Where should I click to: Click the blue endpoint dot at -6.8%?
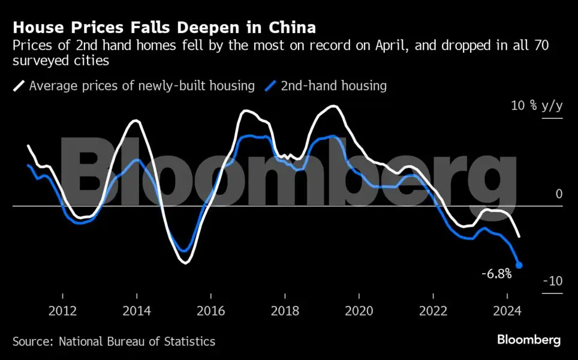[519, 265]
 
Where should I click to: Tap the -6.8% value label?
[496, 274]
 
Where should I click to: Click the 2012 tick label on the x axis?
[62, 311]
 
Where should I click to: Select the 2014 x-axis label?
[137, 311]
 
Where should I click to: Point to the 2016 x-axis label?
[210, 311]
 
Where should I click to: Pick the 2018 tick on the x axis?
[285, 311]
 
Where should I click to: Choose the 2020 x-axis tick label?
[359, 311]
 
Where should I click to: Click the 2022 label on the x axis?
[433, 311]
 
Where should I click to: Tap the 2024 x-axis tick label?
[507, 311]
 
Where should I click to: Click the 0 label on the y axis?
[559, 194]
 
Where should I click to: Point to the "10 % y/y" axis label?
[537, 106]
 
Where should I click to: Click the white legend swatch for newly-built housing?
[19, 86]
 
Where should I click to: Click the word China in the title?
[293, 28]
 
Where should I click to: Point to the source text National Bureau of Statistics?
[137, 341]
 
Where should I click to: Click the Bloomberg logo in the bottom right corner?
[528, 340]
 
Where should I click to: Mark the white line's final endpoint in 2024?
[519, 237]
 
